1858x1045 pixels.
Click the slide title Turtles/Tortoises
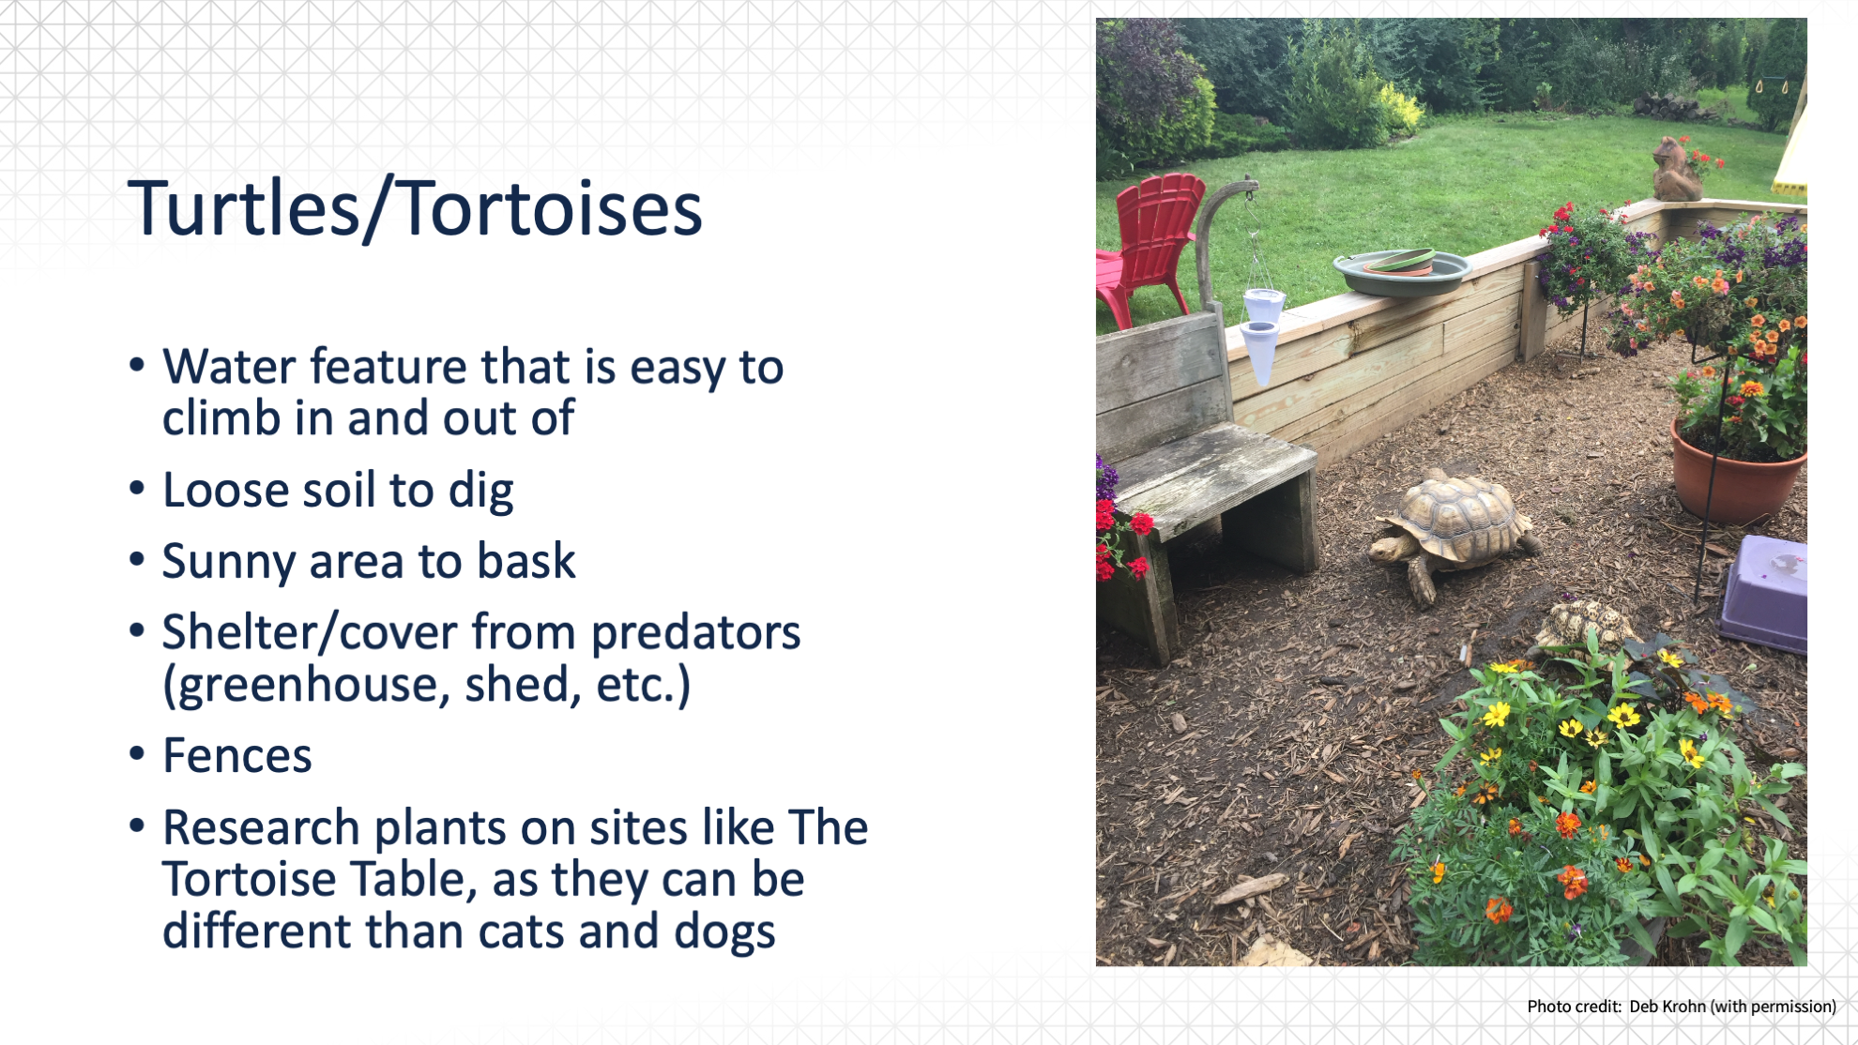415,208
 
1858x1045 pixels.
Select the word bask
526,560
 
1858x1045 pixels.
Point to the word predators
695,633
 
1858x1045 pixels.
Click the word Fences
237,755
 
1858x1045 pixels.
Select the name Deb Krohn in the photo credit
1667,1007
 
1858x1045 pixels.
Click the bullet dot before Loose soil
137,489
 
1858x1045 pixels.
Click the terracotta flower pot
1737,475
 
